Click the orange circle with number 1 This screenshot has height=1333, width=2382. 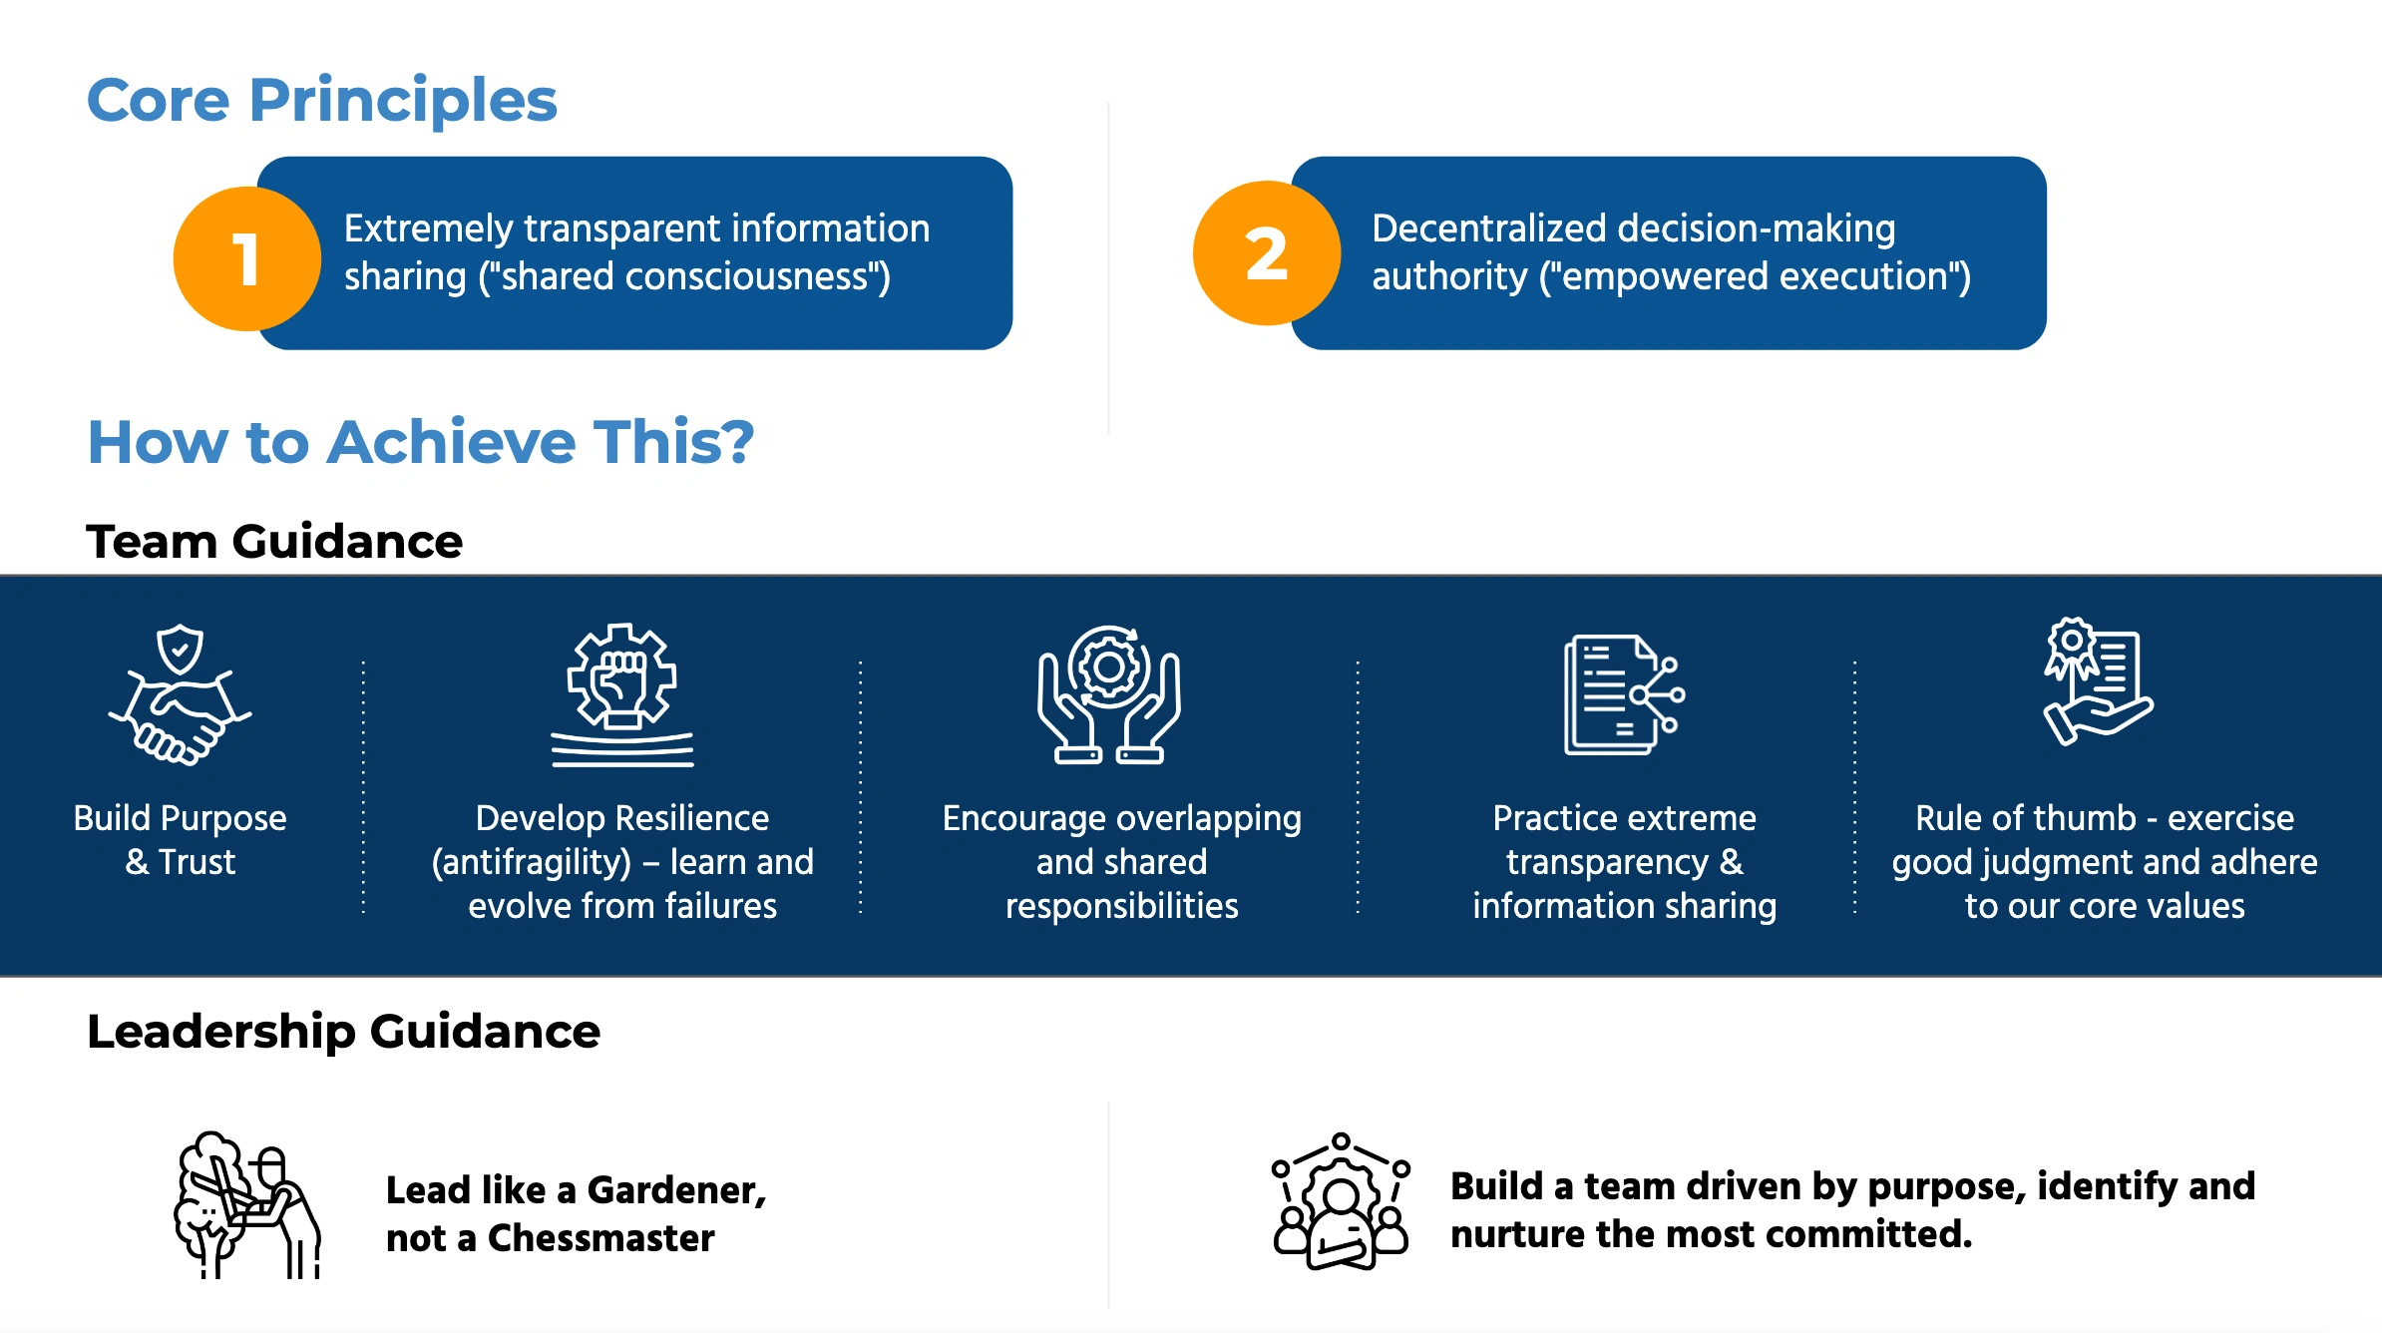click(246, 258)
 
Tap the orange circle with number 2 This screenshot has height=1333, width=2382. click(1266, 253)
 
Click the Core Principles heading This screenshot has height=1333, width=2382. click(321, 100)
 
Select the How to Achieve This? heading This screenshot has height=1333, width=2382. click(420, 441)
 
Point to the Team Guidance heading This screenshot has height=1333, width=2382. click(274, 542)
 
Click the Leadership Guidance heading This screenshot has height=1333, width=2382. click(343, 1031)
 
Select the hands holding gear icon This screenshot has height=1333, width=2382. click(1108, 695)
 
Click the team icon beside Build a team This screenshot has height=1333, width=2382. click(1341, 1202)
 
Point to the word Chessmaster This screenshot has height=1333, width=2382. click(600, 1238)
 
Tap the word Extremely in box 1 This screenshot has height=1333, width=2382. click(429, 229)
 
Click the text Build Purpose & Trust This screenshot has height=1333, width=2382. click(181, 839)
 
